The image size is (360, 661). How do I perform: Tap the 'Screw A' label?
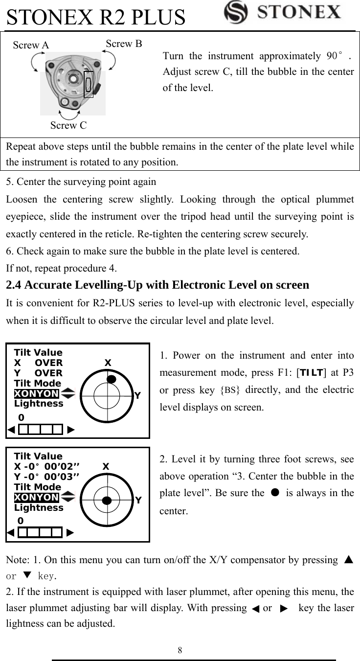click(31, 46)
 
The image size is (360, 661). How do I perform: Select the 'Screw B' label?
click(124, 44)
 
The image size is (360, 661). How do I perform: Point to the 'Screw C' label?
click(68, 126)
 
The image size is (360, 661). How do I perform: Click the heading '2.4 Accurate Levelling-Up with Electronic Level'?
click(157, 285)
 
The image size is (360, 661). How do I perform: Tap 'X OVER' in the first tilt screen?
click(39, 363)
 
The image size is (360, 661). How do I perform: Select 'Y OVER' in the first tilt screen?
click(39, 373)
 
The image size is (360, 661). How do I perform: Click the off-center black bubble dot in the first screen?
click(112, 379)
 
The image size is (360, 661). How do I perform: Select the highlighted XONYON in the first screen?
click(37, 394)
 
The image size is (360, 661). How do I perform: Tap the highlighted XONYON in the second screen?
click(37, 498)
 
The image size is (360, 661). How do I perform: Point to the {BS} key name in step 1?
click(230, 390)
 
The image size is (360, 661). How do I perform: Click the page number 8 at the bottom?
click(180, 650)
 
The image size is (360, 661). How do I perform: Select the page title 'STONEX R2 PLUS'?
click(96, 17)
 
